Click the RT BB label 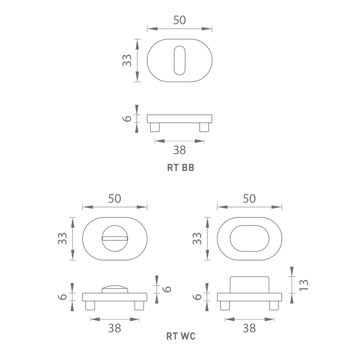181,167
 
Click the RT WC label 181,336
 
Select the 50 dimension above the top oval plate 179,20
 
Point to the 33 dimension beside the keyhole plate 127,60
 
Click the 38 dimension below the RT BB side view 180,150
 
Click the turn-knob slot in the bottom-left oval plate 115,238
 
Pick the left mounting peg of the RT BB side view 155,127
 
